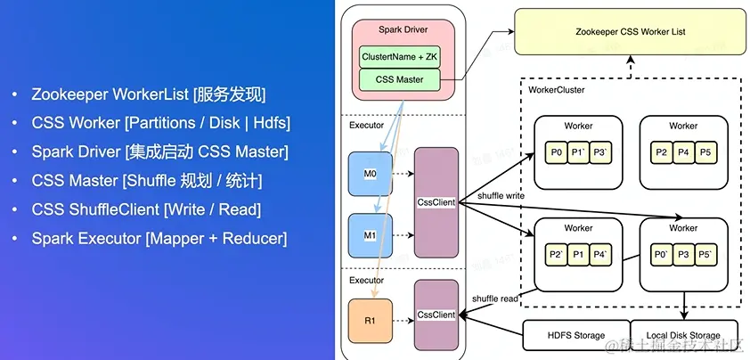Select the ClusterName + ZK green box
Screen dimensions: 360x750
point(400,56)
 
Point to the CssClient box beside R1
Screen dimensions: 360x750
point(436,315)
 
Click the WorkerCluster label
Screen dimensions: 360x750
point(557,90)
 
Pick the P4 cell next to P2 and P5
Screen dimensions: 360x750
point(683,152)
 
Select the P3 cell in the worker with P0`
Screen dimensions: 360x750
point(684,255)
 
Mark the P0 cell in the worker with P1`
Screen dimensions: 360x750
point(557,152)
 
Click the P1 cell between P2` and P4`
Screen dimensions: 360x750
point(578,255)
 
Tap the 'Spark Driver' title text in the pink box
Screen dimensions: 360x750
point(404,30)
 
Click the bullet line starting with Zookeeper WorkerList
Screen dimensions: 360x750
point(148,94)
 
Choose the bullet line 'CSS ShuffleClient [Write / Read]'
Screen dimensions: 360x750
point(146,209)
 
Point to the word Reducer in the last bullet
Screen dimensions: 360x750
point(254,238)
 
